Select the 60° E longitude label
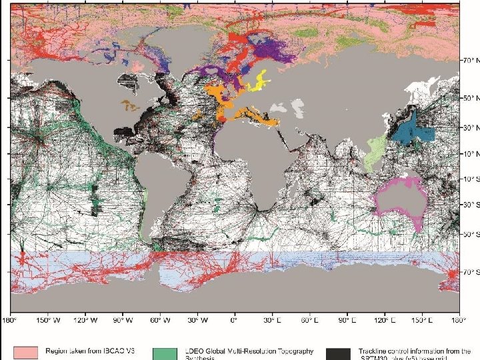coord(308,321)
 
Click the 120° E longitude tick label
coord(383,321)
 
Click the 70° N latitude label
coord(471,60)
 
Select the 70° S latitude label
coord(471,272)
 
